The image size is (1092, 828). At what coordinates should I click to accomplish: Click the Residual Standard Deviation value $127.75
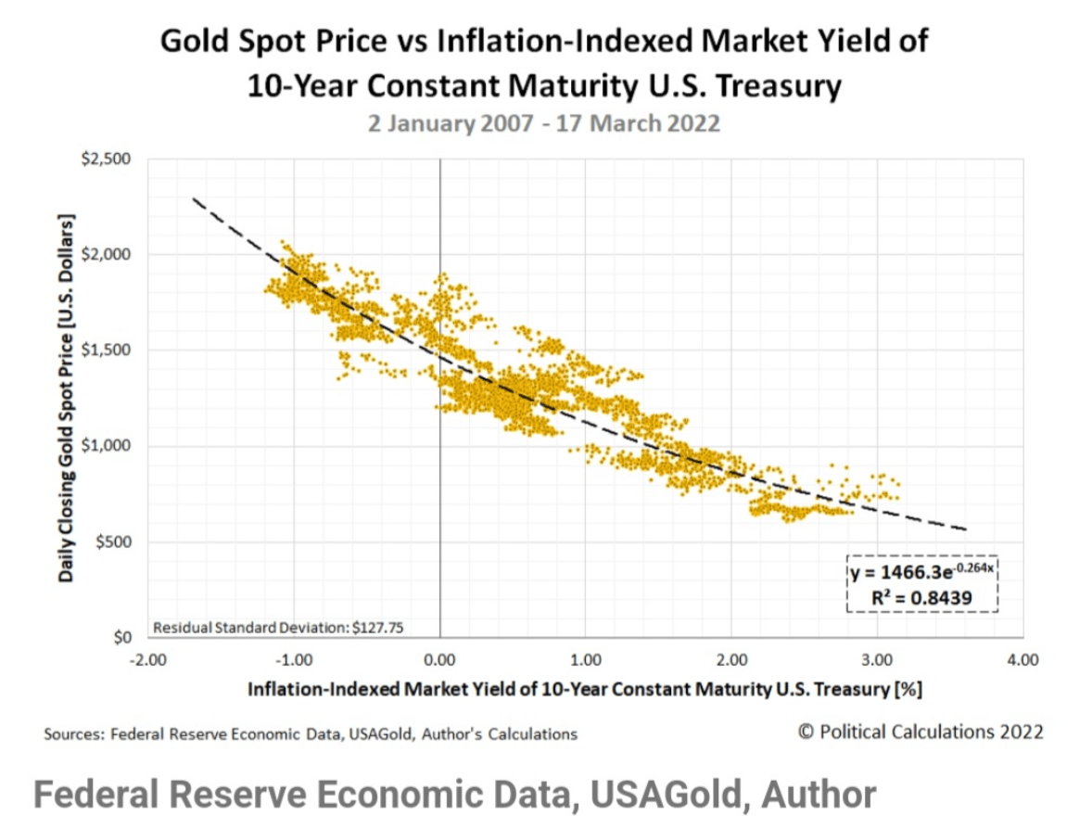tap(383, 628)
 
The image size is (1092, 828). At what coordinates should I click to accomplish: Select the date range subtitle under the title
tap(544, 123)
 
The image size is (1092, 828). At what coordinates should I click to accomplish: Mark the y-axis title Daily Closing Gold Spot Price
tap(67, 398)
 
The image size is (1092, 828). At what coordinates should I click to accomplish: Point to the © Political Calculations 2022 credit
tap(921, 732)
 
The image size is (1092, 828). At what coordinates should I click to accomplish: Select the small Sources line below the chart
tap(310, 733)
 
